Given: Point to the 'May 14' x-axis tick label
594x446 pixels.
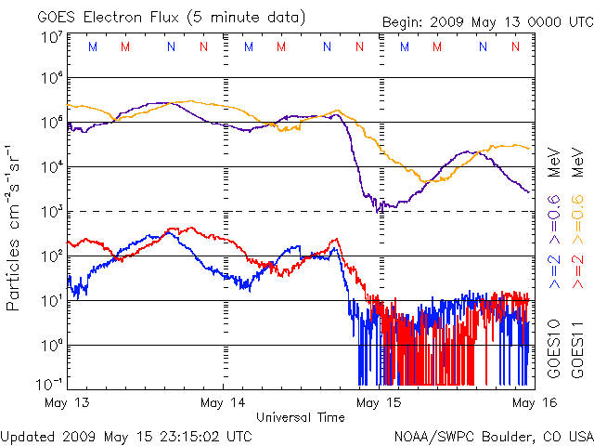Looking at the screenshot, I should pos(223,403).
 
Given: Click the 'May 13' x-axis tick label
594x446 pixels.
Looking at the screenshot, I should pos(67,403).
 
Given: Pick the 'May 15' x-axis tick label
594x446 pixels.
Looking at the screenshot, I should pos(378,403).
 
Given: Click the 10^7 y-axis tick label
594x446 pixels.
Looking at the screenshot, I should pos(51,37).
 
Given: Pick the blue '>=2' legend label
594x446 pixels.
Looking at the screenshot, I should pos(553,267).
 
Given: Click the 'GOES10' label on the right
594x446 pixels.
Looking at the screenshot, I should pos(553,348).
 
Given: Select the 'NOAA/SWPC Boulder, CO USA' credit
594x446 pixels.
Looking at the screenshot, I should pos(493,435).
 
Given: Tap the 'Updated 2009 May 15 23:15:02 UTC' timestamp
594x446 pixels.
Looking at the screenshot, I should pos(126,435).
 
